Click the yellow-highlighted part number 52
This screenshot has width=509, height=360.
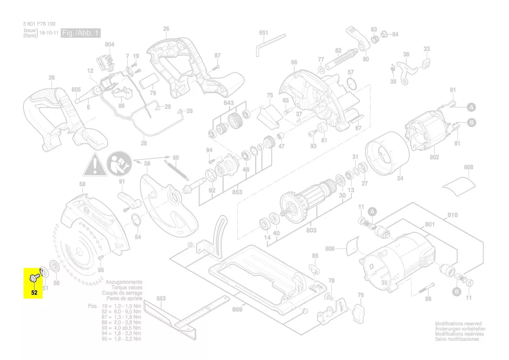pyautogui.click(x=34, y=292)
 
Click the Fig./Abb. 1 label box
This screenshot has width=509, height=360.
pyautogui.click(x=81, y=33)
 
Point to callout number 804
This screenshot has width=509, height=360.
pyautogui.click(x=110, y=44)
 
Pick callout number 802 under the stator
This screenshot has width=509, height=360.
pyautogui.click(x=434, y=157)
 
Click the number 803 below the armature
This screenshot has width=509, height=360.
pyautogui.click(x=311, y=230)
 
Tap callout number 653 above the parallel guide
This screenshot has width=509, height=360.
pyautogui.click(x=161, y=299)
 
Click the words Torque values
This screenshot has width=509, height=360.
pyautogui.click(x=127, y=288)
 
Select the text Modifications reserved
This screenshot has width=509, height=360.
pyautogui.click(x=458, y=324)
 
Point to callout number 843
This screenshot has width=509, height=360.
pyautogui.click(x=229, y=103)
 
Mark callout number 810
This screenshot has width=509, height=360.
pyautogui.click(x=452, y=215)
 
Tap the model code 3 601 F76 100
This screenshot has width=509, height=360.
pyautogui.click(x=39, y=24)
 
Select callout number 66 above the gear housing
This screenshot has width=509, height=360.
pyautogui.click(x=294, y=62)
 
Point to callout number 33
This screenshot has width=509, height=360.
pyautogui.click(x=427, y=49)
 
